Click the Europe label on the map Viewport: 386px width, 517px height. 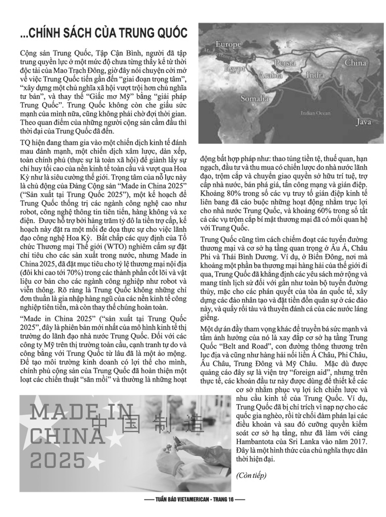(x=228, y=44)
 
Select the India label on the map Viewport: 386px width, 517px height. (x=315, y=75)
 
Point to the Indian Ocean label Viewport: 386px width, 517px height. (x=315, y=112)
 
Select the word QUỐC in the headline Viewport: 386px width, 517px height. (x=168, y=34)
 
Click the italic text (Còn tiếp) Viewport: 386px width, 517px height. (x=251, y=475)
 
